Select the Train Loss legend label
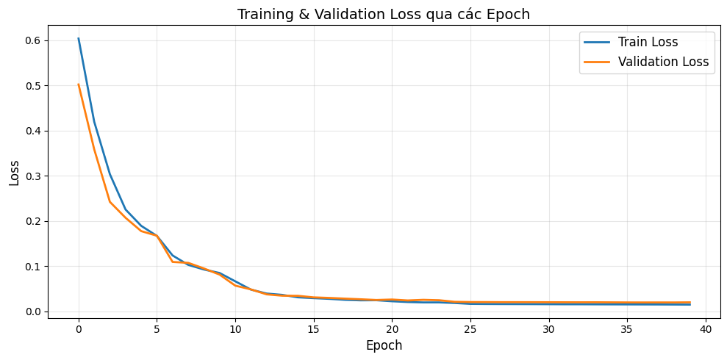coord(648,42)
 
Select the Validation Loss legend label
coord(663,62)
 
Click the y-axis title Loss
coord(15,173)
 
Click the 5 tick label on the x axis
coord(157,329)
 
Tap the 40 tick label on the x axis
coord(706,329)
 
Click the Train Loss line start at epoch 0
coord(79,39)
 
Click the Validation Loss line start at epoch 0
coord(79,84)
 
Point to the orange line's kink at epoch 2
coord(110,201)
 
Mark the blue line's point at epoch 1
coord(94,122)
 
